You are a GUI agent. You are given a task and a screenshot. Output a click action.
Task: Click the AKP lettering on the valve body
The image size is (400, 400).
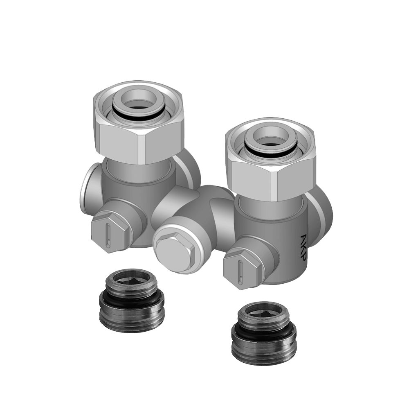(x=304, y=247)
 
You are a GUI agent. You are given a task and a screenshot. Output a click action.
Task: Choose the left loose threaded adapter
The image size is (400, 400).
(x=132, y=301)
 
